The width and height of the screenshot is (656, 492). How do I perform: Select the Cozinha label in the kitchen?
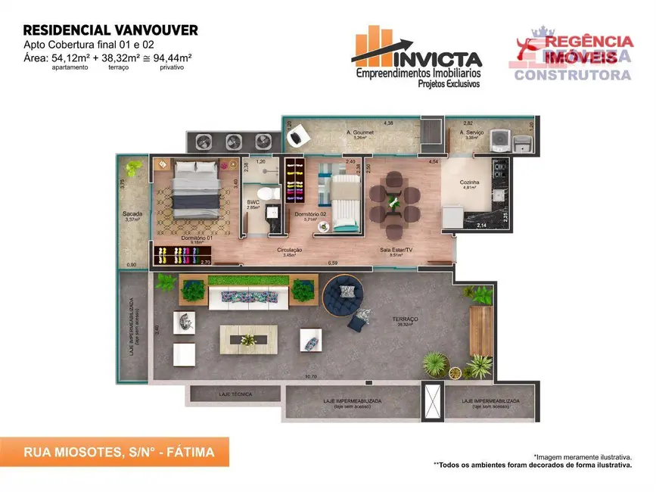[470, 182]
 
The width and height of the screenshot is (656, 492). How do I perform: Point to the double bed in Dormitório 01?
[195, 189]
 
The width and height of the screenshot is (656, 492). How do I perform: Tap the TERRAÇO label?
[406, 319]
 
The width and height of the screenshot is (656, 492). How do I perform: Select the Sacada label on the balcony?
[132, 214]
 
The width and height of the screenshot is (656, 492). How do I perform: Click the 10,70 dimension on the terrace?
[310, 376]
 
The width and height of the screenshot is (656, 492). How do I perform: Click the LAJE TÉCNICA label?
[235, 394]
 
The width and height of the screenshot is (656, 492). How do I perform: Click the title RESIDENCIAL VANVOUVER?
[110, 30]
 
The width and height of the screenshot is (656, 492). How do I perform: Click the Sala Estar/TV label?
[396, 250]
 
